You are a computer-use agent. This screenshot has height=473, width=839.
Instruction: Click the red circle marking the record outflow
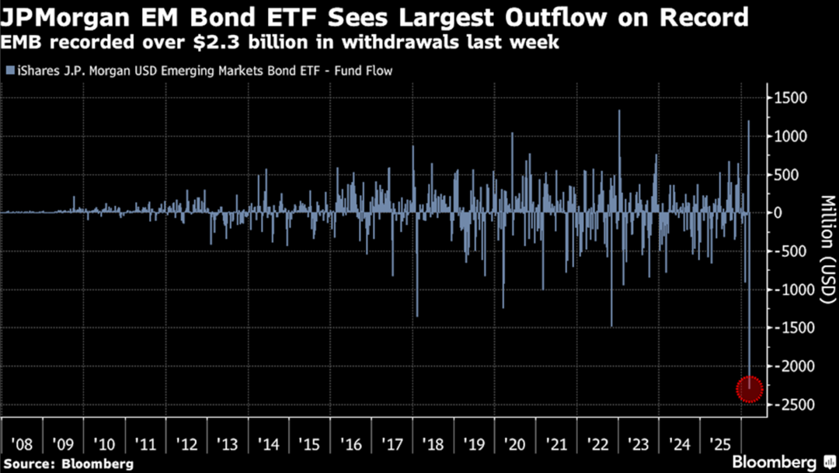750,389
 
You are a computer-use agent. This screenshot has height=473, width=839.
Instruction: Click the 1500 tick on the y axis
790,98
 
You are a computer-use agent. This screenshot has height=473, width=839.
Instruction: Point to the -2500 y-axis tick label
792,405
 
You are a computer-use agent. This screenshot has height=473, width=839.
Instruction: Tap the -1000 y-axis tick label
792,289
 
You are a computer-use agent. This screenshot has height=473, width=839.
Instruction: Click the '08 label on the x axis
22,445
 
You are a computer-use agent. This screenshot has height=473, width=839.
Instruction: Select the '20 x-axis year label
514,445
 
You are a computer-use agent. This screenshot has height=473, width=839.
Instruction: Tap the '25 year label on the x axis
720,445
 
